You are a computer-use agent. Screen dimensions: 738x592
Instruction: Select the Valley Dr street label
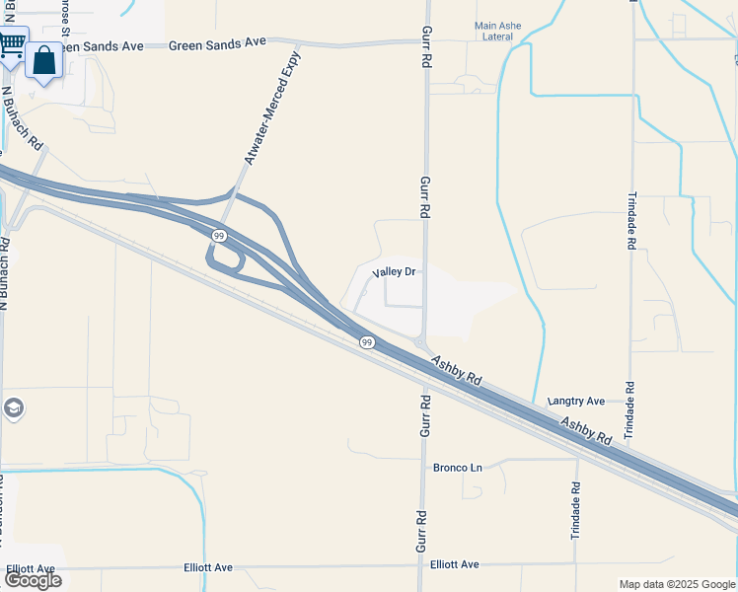tap(398, 272)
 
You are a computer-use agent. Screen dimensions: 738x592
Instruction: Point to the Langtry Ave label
tap(576, 402)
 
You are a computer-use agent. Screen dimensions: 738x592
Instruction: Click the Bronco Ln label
tap(458, 467)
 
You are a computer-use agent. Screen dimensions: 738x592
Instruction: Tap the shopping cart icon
tap(12, 44)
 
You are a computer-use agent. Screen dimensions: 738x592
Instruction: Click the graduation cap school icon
tap(13, 407)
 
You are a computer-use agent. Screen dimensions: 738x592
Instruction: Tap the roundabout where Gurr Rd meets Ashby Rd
tap(420, 344)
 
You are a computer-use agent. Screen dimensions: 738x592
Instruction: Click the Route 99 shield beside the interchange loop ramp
tap(218, 236)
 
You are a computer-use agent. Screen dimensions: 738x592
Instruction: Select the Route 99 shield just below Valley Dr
tap(367, 341)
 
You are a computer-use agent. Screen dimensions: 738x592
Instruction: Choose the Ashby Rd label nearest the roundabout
tap(459, 371)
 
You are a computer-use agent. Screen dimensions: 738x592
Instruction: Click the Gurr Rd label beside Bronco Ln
tap(426, 415)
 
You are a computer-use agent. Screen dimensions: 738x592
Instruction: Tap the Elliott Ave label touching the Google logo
tap(30, 569)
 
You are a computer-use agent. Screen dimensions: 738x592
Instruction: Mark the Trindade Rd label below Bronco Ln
tap(575, 509)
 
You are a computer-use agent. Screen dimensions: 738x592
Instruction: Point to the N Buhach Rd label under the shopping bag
tap(22, 117)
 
